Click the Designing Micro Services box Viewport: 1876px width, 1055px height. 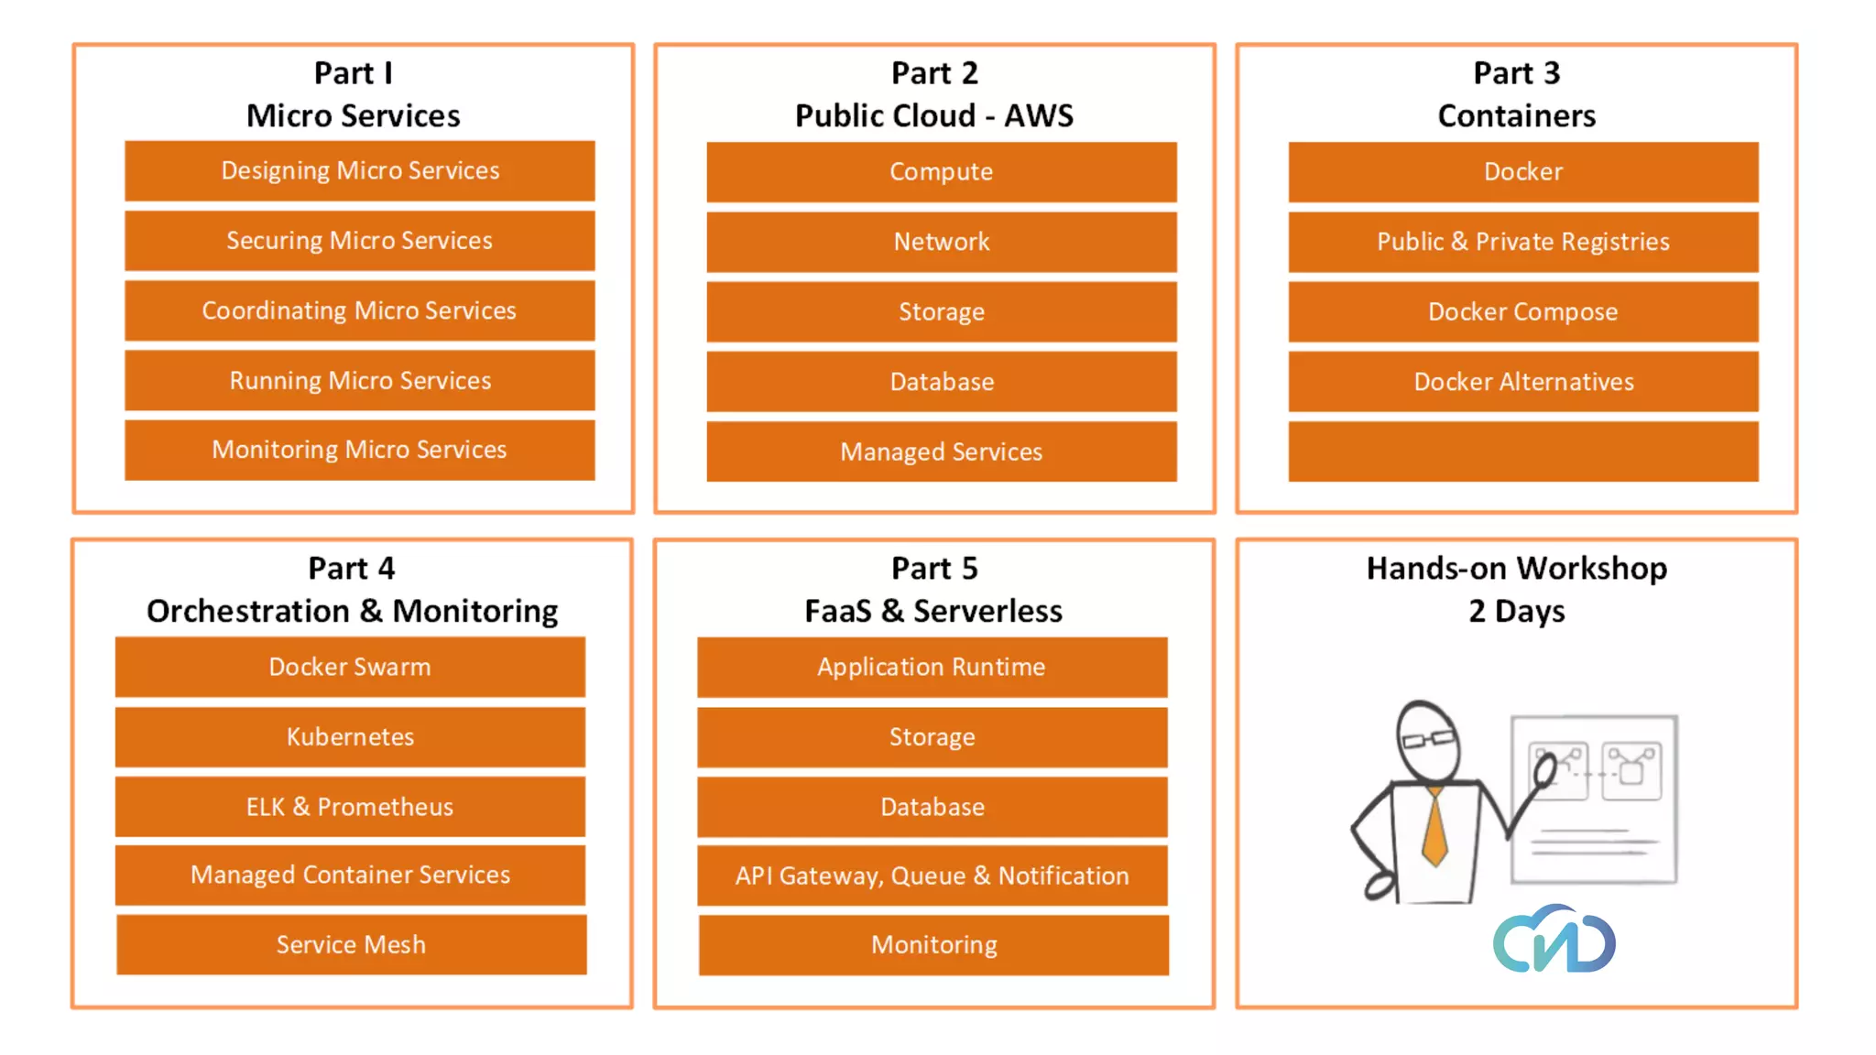(359, 171)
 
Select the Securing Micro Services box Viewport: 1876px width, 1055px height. (359, 241)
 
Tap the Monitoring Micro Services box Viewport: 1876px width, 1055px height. (359, 450)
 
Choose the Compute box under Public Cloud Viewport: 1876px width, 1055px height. (941, 172)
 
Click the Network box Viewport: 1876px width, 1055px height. (941, 242)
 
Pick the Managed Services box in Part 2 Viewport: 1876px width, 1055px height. (941, 451)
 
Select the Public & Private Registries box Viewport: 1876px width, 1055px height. (1522, 242)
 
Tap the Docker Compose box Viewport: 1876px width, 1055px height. (1522, 312)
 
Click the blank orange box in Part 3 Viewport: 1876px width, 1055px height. (1522, 451)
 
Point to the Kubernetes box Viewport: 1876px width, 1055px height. (350, 737)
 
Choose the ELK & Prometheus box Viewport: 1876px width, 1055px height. (350, 807)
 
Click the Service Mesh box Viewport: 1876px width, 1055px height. (351, 944)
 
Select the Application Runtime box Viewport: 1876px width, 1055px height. (932, 667)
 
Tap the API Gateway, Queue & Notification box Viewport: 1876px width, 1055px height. (932, 876)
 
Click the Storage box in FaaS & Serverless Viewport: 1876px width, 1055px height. (932, 737)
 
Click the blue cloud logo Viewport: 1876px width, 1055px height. (1554, 941)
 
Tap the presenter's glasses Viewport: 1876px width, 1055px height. (1427, 738)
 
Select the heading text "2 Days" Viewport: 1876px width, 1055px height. (1516, 611)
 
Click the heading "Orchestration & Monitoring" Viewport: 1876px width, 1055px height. (352, 611)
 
